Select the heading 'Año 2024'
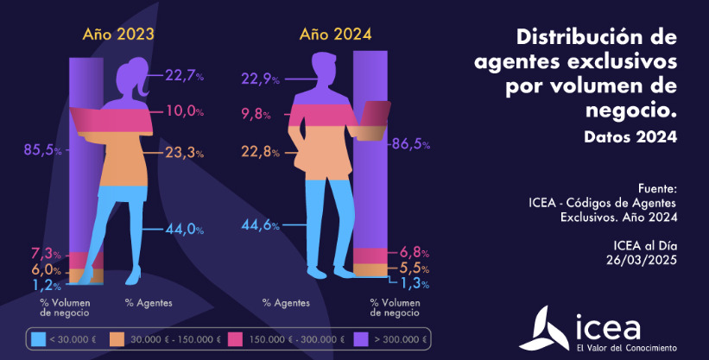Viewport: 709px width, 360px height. click(x=335, y=35)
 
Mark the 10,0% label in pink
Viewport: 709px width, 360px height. click(x=183, y=111)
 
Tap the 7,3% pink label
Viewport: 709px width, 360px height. click(x=47, y=254)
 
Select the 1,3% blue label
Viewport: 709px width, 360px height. click(x=409, y=283)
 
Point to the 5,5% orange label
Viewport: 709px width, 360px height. click(x=409, y=268)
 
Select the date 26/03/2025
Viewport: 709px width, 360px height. click(x=642, y=260)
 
